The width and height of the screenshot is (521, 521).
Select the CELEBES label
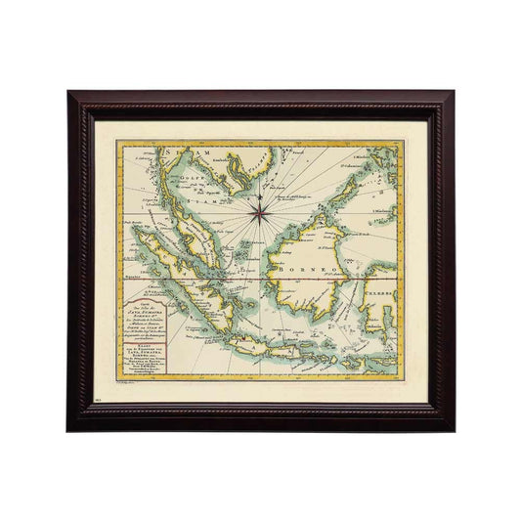click(x=378, y=292)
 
